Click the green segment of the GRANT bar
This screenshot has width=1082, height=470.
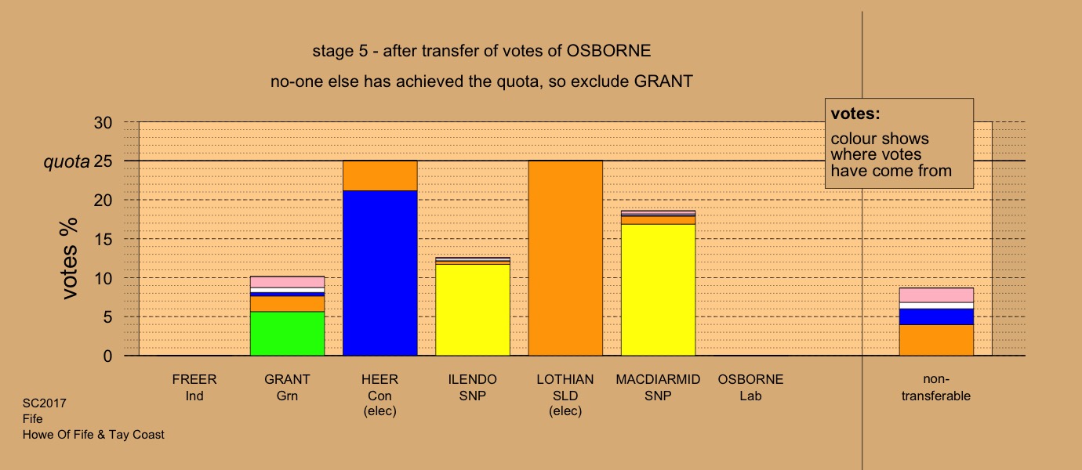click(x=287, y=334)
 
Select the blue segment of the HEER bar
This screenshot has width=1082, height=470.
click(x=379, y=273)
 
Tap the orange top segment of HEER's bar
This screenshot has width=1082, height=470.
click(x=379, y=175)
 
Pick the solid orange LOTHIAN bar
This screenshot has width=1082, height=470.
click(x=565, y=258)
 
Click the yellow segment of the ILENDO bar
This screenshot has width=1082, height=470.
click(x=473, y=309)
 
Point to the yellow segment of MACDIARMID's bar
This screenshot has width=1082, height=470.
click(x=658, y=290)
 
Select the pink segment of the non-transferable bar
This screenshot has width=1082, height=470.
click(x=935, y=295)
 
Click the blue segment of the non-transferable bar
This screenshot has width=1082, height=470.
click(x=935, y=317)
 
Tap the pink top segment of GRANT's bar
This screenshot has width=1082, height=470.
click(x=287, y=282)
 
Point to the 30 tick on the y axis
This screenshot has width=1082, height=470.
click(x=103, y=122)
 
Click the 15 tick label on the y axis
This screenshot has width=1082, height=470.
click(x=103, y=240)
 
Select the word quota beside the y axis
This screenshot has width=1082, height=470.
click(x=67, y=161)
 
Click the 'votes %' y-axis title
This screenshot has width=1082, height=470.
click(x=68, y=258)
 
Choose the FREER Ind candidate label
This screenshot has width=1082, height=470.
click(x=194, y=388)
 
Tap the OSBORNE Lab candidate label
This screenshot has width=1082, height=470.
click(x=750, y=388)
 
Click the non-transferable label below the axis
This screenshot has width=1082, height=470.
click(x=935, y=388)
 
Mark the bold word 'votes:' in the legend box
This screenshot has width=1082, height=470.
click(x=855, y=114)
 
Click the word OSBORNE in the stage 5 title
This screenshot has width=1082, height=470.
click(x=608, y=51)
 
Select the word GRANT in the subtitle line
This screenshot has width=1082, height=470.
click(x=663, y=81)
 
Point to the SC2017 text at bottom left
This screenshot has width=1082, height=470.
click(x=45, y=403)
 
